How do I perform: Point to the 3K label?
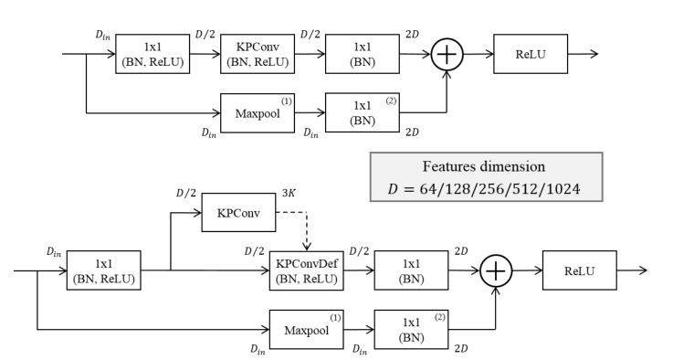coord(289,194)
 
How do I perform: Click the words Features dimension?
coord(486,166)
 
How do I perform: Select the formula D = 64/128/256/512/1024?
coord(486,191)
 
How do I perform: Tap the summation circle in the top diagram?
coord(447,54)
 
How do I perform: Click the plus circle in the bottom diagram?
coord(497,270)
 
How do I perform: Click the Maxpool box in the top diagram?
coord(257,113)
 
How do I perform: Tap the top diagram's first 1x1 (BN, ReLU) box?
coord(152,53)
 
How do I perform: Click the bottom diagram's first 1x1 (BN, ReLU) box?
coord(102,270)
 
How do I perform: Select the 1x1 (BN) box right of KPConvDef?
coord(410,270)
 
